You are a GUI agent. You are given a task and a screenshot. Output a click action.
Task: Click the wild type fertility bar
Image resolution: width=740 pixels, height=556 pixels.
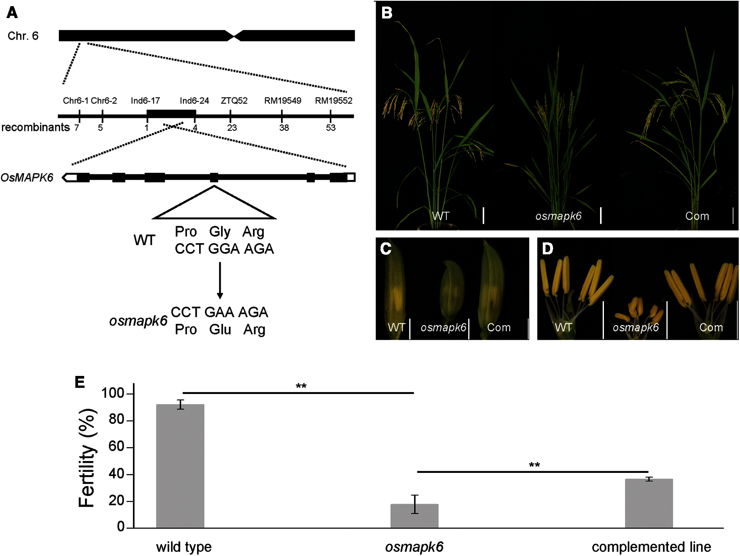click(180, 466)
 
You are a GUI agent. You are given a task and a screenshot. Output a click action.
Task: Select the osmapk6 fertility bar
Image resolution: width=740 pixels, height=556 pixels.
click(414, 516)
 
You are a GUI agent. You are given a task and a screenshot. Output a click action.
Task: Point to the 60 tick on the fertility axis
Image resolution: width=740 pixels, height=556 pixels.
click(116, 447)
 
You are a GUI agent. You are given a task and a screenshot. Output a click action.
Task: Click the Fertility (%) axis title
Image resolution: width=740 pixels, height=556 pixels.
click(87, 458)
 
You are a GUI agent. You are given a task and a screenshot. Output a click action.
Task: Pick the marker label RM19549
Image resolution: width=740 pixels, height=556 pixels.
click(283, 101)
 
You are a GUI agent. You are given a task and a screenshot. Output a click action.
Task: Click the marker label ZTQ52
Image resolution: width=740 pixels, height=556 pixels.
click(234, 101)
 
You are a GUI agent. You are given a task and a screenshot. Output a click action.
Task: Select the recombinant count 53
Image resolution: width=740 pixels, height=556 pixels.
click(331, 128)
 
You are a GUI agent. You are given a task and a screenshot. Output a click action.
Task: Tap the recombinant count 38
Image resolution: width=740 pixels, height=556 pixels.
click(284, 128)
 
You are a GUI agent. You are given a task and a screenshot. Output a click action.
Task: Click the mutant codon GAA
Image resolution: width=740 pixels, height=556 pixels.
click(219, 312)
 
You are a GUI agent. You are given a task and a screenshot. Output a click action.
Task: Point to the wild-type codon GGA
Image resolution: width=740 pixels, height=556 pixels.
click(224, 249)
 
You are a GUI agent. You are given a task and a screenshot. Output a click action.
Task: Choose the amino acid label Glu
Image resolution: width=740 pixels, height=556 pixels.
click(220, 330)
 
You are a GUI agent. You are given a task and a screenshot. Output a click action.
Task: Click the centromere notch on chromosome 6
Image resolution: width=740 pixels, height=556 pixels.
click(233, 36)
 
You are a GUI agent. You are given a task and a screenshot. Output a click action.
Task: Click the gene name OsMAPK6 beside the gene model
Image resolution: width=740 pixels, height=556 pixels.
click(27, 178)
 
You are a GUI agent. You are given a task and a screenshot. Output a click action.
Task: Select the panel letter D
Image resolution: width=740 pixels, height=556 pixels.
click(547, 249)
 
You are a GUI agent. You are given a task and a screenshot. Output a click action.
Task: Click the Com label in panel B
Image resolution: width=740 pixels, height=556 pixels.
click(697, 216)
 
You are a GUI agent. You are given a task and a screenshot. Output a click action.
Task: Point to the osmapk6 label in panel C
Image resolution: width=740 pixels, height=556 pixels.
click(443, 327)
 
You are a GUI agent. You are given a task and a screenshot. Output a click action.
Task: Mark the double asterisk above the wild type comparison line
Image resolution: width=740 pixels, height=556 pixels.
click(301, 386)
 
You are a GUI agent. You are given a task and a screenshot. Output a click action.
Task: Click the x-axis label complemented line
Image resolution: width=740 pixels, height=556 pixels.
click(651, 547)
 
